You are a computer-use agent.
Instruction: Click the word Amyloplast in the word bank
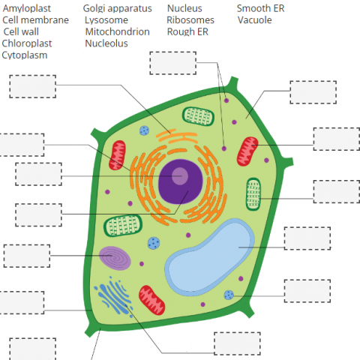[28, 8]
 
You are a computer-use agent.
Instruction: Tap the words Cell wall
[23, 32]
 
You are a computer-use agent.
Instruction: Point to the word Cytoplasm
[25, 55]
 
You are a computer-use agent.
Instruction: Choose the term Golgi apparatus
[117, 8]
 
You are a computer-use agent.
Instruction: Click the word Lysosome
[106, 20]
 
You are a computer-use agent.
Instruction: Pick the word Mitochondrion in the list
[117, 32]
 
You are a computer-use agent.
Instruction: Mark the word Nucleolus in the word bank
[106, 43]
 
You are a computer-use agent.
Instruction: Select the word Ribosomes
[190, 20]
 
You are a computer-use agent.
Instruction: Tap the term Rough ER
[187, 32]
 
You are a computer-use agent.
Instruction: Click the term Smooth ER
[260, 8]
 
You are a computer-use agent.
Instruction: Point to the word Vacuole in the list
[255, 20]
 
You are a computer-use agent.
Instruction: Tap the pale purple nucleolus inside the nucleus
[180, 176]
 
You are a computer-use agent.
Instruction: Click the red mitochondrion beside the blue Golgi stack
[152, 298]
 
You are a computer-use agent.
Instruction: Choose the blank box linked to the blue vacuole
[307, 238]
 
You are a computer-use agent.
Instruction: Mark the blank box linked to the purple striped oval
[27, 255]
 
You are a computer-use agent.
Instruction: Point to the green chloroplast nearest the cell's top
[199, 116]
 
